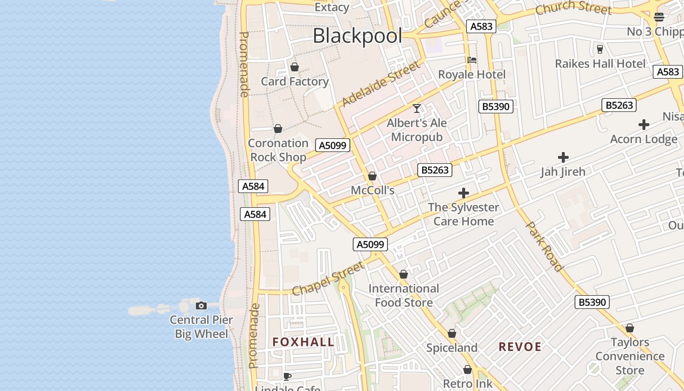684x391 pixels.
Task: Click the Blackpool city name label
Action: (357, 36)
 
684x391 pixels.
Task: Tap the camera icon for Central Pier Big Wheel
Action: (201, 305)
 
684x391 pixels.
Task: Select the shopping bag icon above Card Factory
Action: (295, 67)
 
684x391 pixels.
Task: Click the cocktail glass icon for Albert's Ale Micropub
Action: (417, 108)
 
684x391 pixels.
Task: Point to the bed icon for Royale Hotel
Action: (472, 60)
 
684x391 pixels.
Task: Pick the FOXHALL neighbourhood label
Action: (303, 342)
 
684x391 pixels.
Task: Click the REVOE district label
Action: (520, 347)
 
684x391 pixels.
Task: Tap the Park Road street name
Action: (544, 246)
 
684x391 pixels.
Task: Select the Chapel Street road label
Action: (328, 279)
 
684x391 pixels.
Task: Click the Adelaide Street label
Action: (381, 84)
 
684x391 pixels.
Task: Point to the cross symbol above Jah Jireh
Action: (563, 157)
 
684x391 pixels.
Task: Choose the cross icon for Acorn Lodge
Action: (644, 125)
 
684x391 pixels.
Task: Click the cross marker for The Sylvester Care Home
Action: (464, 193)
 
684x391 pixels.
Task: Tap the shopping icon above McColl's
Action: (372, 176)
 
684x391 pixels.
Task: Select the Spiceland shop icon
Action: (452, 333)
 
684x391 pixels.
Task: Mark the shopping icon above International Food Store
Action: (404, 274)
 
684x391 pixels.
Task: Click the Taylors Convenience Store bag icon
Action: (630, 328)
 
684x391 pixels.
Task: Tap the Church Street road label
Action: (573, 8)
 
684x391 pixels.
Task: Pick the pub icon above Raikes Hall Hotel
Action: (600, 49)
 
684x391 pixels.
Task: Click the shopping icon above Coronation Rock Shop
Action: (278, 129)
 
